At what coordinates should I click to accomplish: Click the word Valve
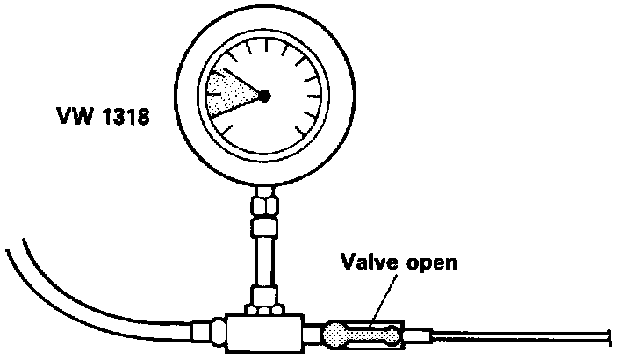click(x=366, y=263)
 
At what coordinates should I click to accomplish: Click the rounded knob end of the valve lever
click(x=336, y=333)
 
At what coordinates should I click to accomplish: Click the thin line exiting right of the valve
click(x=527, y=335)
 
